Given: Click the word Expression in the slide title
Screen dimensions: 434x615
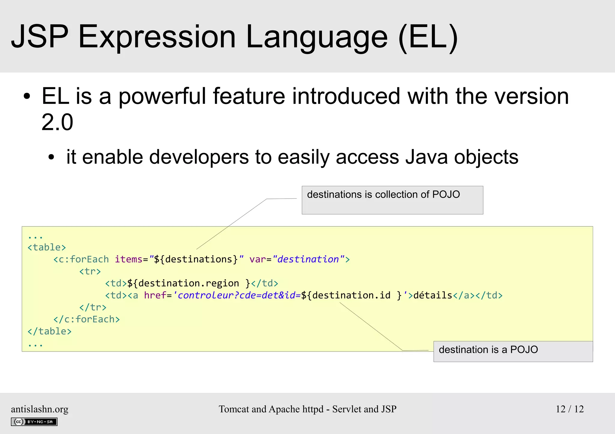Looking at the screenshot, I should click(x=157, y=37).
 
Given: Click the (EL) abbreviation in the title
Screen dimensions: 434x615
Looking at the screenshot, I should click(x=428, y=37).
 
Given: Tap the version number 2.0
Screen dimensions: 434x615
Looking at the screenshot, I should click(x=57, y=122).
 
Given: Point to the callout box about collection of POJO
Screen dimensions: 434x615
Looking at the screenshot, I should click(x=392, y=200).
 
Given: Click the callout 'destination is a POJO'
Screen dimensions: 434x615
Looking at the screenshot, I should click(x=513, y=351).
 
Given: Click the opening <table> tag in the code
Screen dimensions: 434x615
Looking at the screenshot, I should click(x=47, y=247).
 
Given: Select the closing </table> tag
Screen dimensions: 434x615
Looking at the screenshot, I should click(x=50, y=331).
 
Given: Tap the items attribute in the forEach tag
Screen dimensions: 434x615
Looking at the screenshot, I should click(x=129, y=259).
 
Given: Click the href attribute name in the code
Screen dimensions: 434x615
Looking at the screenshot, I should click(x=155, y=295).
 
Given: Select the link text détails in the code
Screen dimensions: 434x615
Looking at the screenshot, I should click(x=433, y=295).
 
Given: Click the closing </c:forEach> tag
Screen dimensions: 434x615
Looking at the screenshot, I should click(x=86, y=319).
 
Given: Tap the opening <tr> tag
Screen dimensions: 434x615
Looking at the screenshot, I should click(x=90, y=271).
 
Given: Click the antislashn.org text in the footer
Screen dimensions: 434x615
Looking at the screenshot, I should click(x=40, y=409).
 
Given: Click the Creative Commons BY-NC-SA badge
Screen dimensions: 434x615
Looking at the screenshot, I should click(x=34, y=422).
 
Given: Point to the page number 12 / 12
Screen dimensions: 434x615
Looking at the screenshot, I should click(x=570, y=409).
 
